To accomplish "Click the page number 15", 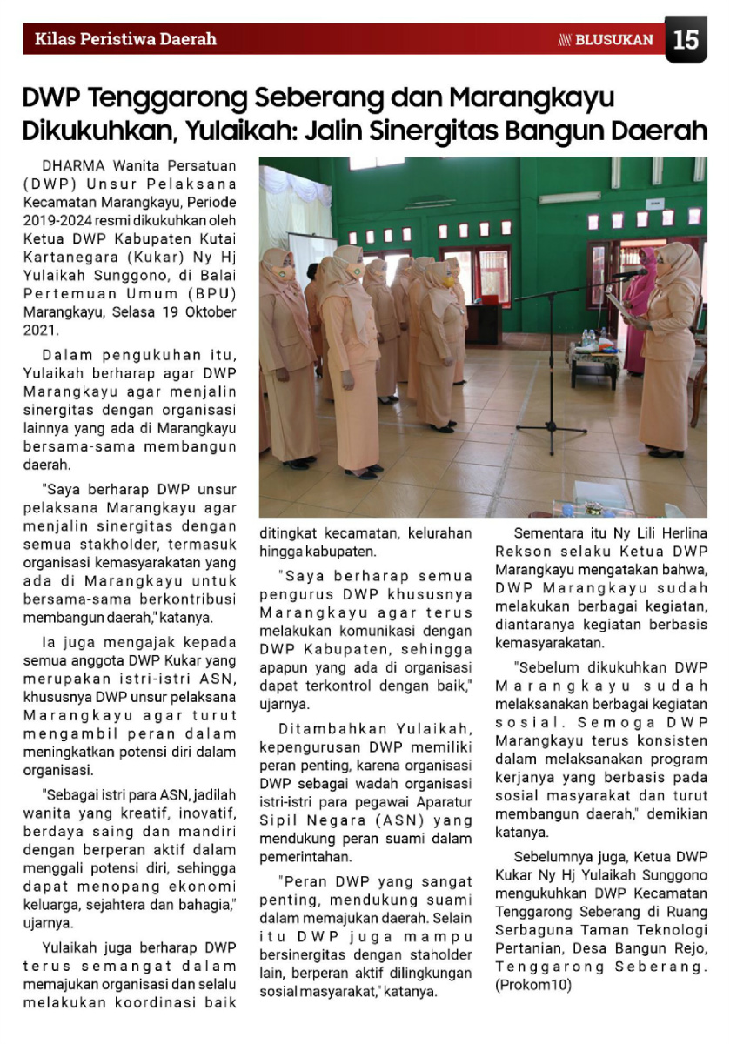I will click(x=686, y=40).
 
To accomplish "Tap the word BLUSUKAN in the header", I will click(x=614, y=40).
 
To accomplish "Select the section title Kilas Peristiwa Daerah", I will click(x=125, y=39).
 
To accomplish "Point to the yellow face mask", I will click(x=447, y=281).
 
